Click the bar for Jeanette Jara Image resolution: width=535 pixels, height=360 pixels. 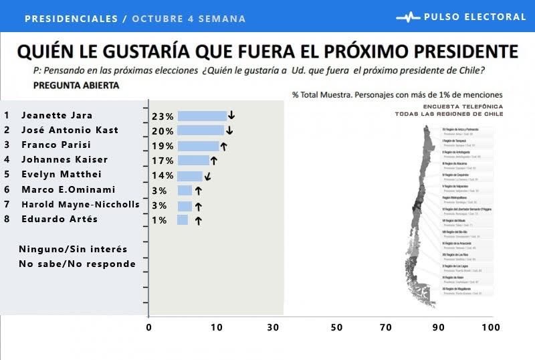click(202, 116)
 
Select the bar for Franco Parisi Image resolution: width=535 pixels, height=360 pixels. click(198, 146)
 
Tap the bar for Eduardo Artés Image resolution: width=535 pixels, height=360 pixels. click(183, 219)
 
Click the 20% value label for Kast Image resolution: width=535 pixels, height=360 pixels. click(163, 131)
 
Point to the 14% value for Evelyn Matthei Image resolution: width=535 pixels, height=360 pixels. click(163, 176)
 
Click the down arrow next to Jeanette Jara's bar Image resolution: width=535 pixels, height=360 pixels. click(231, 116)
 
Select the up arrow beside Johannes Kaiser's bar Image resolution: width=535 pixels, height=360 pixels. click(214, 161)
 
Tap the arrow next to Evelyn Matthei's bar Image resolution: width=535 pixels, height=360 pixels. click(207, 177)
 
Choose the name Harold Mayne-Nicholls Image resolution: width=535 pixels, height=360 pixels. click(80, 204)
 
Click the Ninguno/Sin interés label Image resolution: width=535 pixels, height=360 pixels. click(73, 249)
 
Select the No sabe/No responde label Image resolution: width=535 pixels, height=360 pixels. click(77, 264)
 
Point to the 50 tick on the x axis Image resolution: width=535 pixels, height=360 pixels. click(336, 327)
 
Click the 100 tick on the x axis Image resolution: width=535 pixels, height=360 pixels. click(491, 327)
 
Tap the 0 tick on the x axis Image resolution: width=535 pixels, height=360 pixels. click(148, 327)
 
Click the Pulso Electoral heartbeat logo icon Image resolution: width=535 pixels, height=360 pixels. click(408, 17)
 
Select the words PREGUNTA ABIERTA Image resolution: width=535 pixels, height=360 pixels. click(76, 86)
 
